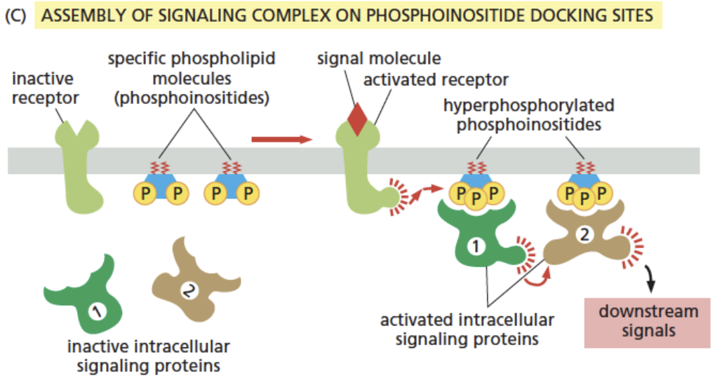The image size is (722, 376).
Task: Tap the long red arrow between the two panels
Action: click(281, 139)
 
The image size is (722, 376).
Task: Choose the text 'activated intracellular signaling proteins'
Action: click(467, 330)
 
